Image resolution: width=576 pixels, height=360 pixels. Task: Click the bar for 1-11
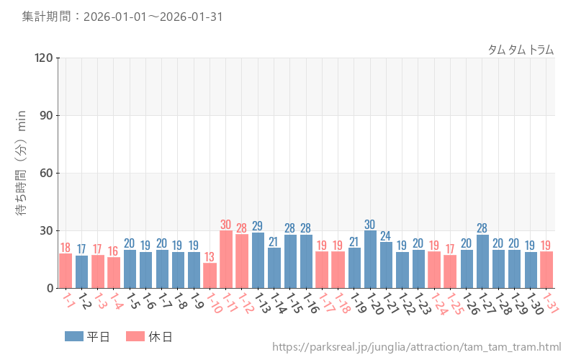point(226,259)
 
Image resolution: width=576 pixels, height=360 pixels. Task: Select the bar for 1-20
point(370,259)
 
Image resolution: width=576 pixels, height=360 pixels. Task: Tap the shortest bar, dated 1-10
point(210,276)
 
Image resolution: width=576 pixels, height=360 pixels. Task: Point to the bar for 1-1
point(66,271)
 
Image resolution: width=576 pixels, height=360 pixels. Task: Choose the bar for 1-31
point(546,270)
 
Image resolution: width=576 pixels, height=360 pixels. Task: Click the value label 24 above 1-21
point(386,235)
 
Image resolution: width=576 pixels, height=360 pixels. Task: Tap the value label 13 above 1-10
point(210,256)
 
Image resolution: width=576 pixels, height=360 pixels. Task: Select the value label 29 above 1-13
point(258,226)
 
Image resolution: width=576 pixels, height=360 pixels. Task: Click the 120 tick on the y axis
point(41,58)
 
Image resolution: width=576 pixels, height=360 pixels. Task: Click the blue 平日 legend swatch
point(74,336)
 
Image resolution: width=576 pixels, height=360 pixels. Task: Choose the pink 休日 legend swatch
point(135,336)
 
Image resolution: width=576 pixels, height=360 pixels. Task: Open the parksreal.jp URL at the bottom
point(416,348)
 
